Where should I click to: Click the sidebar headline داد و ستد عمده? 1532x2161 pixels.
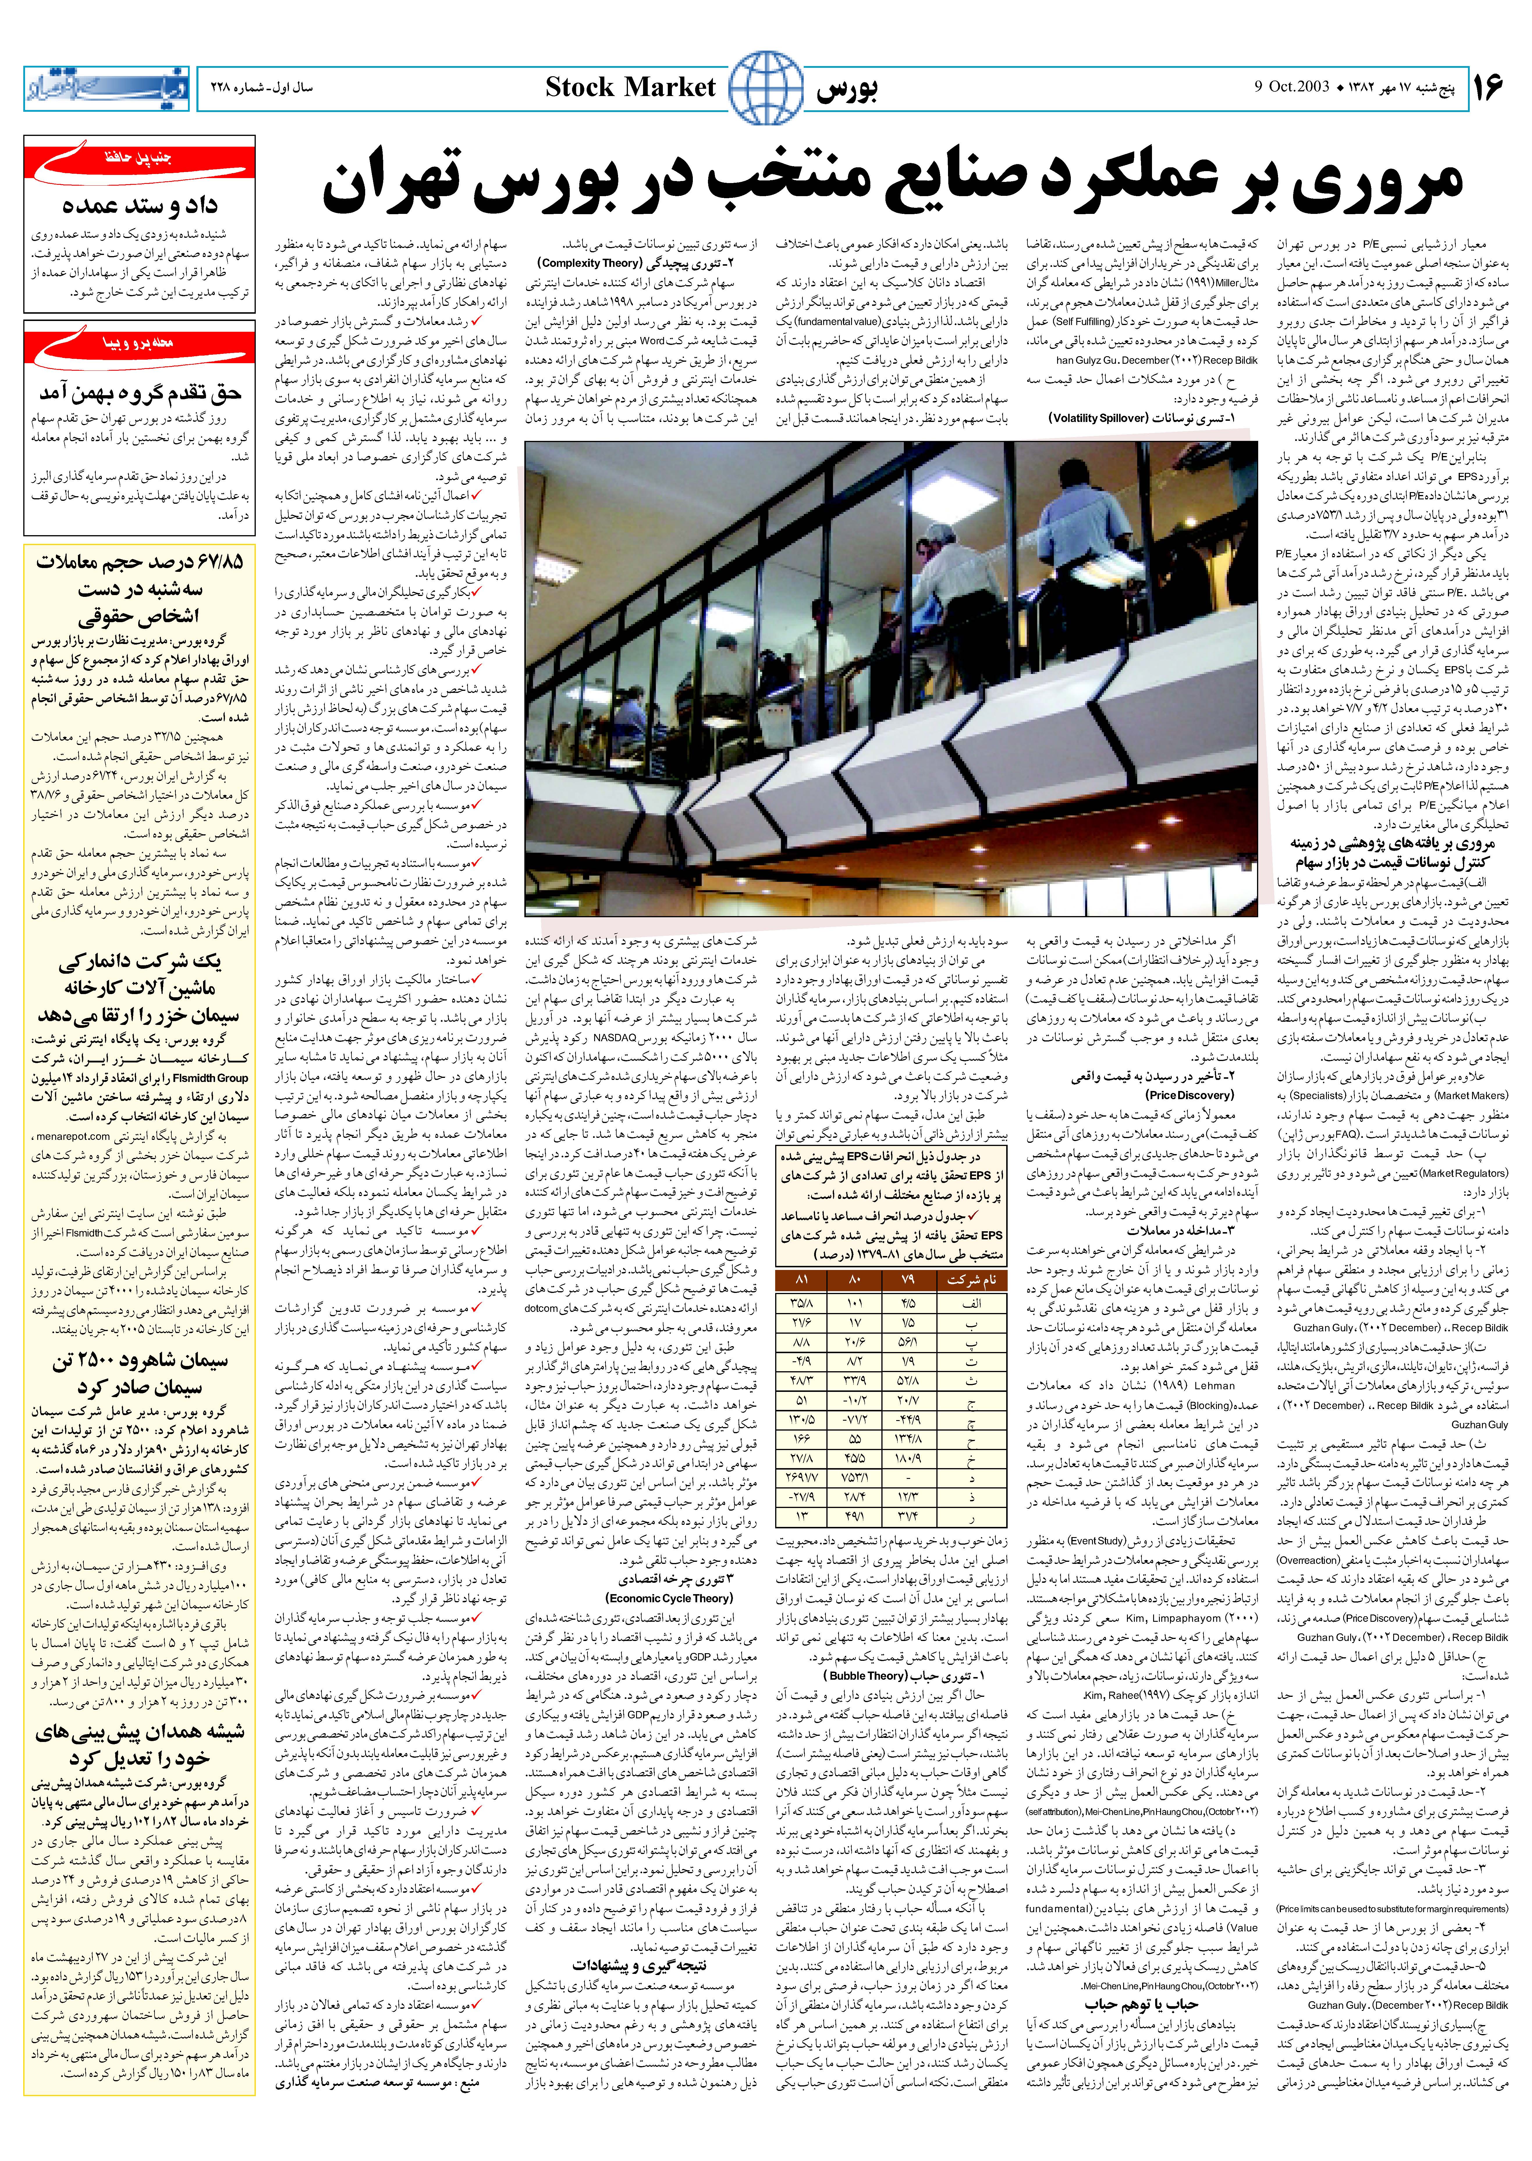(x=140, y=205)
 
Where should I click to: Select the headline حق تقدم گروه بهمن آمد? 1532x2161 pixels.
(x=140, y=392)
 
